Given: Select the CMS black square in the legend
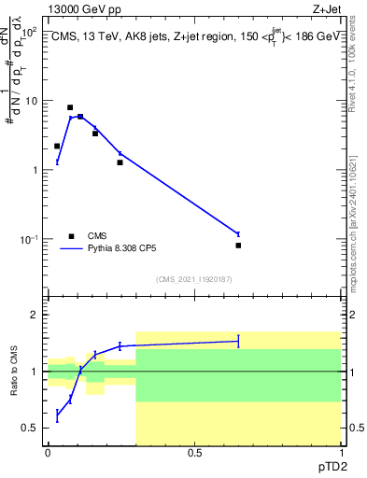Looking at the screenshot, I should point(71,236).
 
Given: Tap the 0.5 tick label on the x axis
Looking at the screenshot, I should point(194,453).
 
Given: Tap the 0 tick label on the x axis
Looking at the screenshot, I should point(48,453).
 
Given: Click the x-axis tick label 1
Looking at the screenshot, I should point(340,453).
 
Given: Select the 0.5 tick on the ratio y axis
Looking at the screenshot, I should point(32,428).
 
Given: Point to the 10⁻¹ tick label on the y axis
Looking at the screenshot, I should point(30,240).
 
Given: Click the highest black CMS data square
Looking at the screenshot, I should point(70,108).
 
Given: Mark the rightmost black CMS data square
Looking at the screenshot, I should point(238,246).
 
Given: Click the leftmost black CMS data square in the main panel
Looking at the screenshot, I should point(57,147).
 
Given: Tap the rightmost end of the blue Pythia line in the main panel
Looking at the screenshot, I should point(238,233).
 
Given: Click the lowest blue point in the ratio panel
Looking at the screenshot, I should point(57,414).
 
